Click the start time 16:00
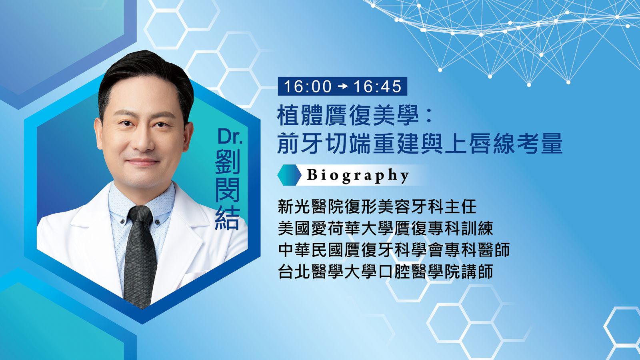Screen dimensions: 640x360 click(x=308, y=86)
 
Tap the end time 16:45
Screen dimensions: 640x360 click(x=377, y=86)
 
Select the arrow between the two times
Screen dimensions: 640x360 click(x=342, y=86)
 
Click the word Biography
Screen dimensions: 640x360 click(x=358, y=176)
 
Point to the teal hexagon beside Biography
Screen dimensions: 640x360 click(x=290, y=175)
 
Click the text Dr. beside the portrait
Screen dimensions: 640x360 click(x=230, y=136)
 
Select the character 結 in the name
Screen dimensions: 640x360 click(x=228, y=218)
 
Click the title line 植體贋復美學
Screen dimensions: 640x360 click(x=348, y=116)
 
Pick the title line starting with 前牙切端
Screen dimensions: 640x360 click(x=420, y=144)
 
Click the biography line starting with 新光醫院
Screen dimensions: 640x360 click(x=377, y=207)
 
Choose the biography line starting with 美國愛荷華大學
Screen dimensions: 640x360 click(x=386, y=228)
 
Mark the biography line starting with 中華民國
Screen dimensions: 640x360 click(x=394, y=250)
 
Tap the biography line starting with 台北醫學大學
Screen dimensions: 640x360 click(x=386, y=272)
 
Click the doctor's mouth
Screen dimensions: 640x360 click(x=142, y=162)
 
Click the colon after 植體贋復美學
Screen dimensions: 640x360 click(x=428, y=116)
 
